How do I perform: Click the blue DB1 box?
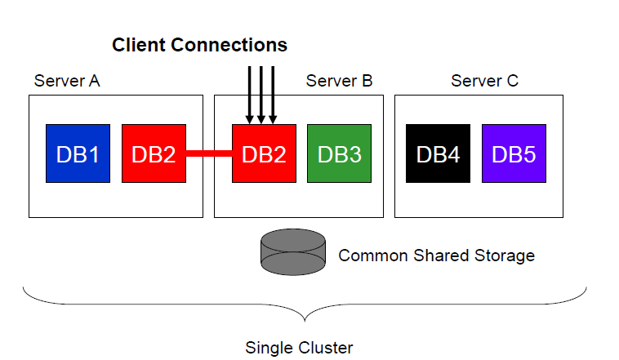(x=78, y=153)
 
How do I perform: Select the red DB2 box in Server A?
(x=154, y=153)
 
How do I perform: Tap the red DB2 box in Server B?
(x=264, y=153)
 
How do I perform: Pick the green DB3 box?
(x=339, y=153)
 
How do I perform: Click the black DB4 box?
(x=438, y=153)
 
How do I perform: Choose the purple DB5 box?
(x=514, y=153)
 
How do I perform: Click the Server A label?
(x=67, y=81)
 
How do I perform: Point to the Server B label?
(x=339, y=81)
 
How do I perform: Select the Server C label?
(x=484, y=81)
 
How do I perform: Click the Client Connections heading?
(x=200, y=44)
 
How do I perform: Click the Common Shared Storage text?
(x=436, y=256)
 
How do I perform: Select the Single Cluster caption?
(x=299, y=348)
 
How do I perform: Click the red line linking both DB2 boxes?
(x=209, y=153)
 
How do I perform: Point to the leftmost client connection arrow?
(x=248, y=94)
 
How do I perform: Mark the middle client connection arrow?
(x=261, y=94)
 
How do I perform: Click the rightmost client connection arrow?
(x=273, y=94)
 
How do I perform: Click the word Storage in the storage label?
(x=504, y=256)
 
